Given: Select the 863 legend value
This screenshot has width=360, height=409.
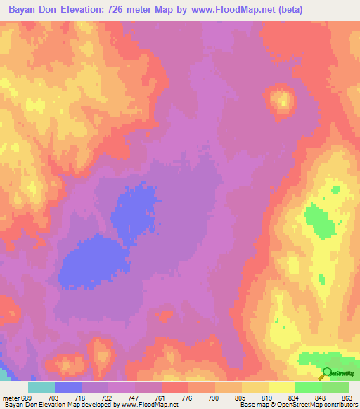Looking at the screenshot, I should click(347, 397).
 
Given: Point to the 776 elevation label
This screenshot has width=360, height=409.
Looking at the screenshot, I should click(188, 397).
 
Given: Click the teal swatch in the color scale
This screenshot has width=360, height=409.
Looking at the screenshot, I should click(41, 387).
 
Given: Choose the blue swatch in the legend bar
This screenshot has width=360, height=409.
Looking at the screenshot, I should click(68, 387).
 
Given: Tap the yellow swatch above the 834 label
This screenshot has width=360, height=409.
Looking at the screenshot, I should click(282, 387).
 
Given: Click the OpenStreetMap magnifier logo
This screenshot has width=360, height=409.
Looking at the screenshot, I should click(327, 373).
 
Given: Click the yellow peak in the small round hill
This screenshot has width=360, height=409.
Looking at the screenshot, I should click(283, 100).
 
